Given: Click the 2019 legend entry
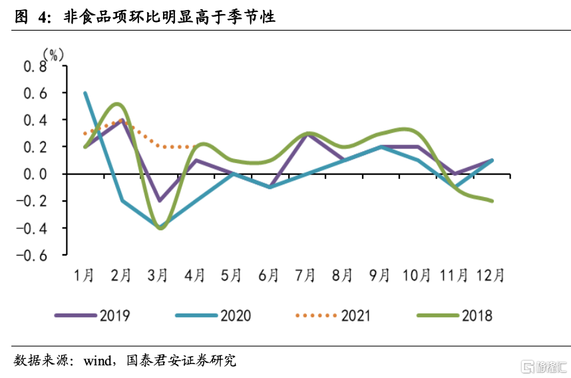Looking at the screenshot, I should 93,315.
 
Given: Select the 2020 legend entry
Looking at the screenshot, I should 213,315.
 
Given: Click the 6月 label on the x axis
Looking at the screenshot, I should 268,276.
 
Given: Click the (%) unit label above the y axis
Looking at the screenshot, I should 55,54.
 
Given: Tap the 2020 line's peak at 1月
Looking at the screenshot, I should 85,93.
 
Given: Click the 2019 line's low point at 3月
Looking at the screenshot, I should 159,200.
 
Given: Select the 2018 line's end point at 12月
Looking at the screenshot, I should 491,200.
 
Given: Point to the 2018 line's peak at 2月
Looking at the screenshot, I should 119,104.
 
